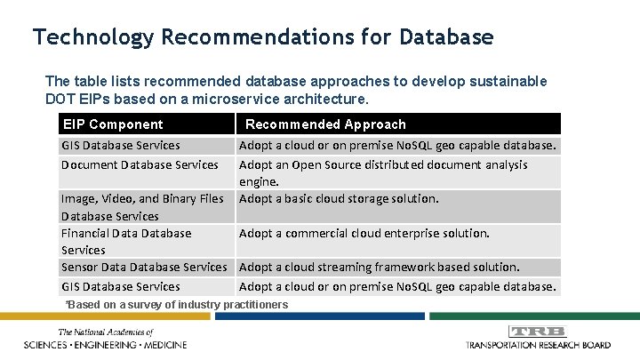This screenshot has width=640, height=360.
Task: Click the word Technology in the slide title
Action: (x=93, y=37)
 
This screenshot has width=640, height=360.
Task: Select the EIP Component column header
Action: (x=112, y=124)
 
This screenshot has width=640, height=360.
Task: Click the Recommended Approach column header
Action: (x=325, y=124)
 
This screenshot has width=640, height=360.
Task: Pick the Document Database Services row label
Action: (x=140, y=164)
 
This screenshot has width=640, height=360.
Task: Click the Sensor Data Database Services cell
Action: (x=144, y=267)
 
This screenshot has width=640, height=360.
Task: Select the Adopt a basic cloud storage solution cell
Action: (x=339, y=198)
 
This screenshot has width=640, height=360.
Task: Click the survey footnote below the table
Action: (x=177, y=305)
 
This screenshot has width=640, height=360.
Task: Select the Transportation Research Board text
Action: (x=539, y=344)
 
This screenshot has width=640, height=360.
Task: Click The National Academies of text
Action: (x=92, y=332)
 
